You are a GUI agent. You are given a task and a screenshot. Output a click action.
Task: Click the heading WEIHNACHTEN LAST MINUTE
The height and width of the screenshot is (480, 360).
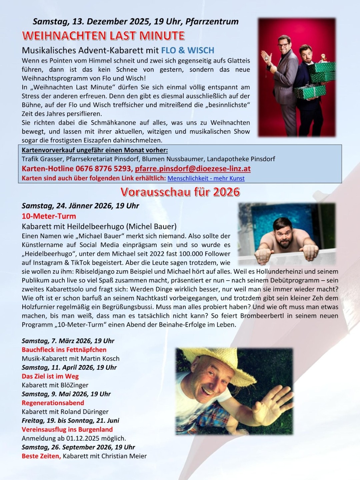(103, 36)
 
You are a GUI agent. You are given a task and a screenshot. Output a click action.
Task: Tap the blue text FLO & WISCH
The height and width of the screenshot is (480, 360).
(188, 51)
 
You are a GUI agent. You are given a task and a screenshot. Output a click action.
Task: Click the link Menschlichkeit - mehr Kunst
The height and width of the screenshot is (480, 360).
(206, 178)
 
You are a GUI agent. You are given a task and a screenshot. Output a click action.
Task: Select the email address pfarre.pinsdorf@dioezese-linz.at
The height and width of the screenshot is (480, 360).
(193, 169)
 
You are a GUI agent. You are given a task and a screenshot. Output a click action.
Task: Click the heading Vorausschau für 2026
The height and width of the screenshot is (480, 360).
(180, 192)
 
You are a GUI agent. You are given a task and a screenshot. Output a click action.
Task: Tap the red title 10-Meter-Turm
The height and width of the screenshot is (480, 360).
(49, 216)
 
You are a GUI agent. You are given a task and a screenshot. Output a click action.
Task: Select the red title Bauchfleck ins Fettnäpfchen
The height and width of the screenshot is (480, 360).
(64, 350)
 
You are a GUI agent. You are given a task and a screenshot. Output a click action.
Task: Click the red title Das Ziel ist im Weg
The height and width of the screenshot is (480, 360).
(50, 376)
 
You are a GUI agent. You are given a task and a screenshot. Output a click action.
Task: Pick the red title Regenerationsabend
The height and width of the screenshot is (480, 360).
(53, 403)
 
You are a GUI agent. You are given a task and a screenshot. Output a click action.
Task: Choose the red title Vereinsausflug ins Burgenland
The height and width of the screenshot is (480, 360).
(67, 429)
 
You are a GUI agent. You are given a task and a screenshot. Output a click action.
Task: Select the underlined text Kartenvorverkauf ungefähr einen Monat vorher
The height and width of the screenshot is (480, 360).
(95, 150)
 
